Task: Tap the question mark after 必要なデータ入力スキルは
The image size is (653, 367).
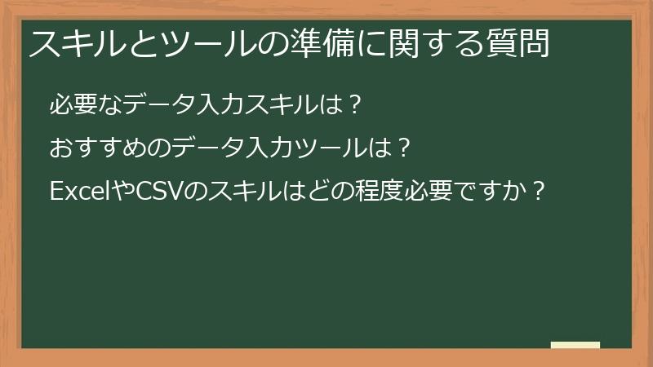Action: pos(353,105)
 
